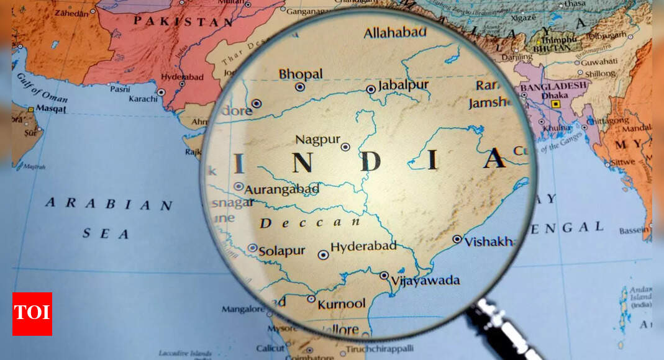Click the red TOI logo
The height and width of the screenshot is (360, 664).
(x=32, y=314)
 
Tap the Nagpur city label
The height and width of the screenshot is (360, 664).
(x=317, y=140)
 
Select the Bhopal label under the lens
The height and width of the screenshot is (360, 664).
(x=301, y=74)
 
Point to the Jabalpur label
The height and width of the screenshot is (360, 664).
(x=403, y=85)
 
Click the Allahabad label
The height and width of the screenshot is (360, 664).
(x=395, y=32)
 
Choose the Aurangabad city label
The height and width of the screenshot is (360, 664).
(x=281, y=189)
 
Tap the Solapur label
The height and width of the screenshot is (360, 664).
(x=281, y=251)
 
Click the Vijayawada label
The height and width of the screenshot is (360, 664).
(x=425, y=281)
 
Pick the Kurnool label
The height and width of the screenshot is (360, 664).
(x=341, y=304)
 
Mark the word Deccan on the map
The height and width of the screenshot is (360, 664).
(x=310, y=223)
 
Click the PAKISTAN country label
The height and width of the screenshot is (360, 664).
(x=184, y=21)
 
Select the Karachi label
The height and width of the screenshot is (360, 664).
(x=143, y=99)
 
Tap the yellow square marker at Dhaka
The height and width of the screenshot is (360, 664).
(x=555, y=104)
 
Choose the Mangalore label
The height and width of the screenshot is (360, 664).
(x=242, y=308)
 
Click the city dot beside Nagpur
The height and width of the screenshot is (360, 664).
(x=345, y=147)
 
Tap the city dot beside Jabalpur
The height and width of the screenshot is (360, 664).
(x=371, y=89)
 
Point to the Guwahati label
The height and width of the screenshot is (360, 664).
(x=599, y=62)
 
